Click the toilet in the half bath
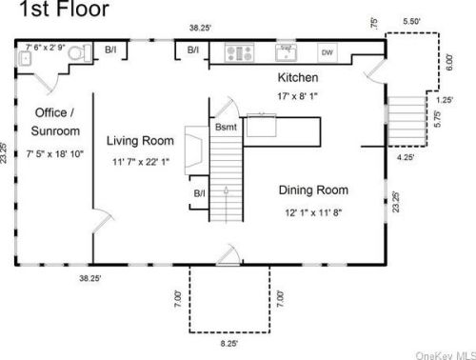pos(79,53)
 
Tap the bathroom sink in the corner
pos(25,59)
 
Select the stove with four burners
pos(239,53)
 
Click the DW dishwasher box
pos(327,52)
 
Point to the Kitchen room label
pos(298,77)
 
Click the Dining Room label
pos(313,190)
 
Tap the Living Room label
pos(140,141)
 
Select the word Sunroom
pos(55,130)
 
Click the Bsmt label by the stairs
pos(226,127)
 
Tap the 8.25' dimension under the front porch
pos(229,344)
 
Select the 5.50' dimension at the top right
pos(411,21)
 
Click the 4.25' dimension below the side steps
pos(406,157)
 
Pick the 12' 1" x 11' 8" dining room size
pos(313,212)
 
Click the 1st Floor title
pos(65,9)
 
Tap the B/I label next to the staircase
pos(199,193)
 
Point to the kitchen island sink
pos(262,125)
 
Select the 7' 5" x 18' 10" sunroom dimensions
pos(55,154)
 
